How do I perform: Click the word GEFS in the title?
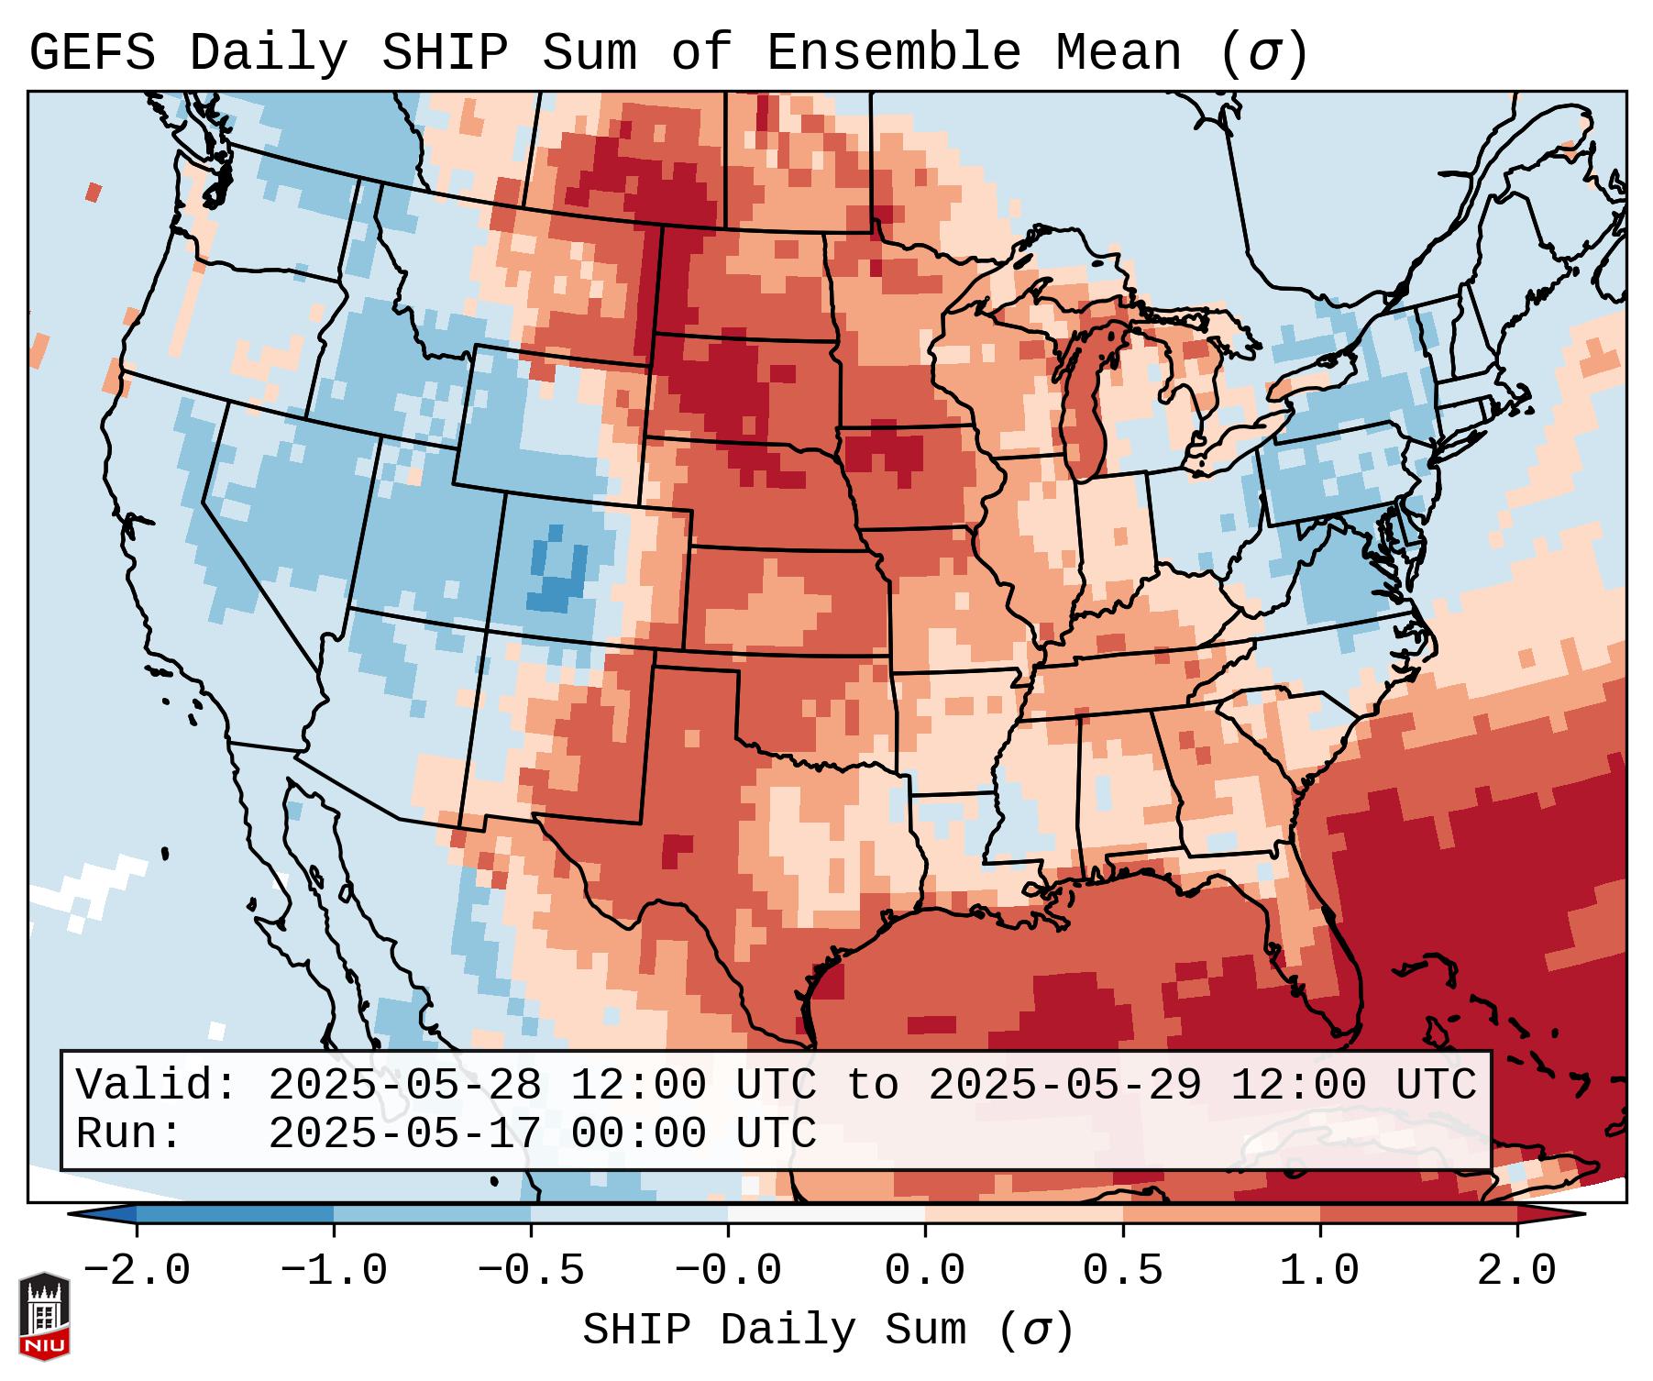[92, 52]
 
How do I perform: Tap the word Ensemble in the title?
[893, 52]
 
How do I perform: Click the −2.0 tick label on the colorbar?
[137, 1271]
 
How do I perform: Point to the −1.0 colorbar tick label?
[334, 1271]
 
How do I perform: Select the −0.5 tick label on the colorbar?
[531, 1271]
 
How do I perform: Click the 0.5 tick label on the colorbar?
[1122, 1271]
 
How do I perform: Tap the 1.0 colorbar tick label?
[1319, 1271]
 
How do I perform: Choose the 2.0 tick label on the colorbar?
[1516, 1271]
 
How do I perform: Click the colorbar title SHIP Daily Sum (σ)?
[827, 1330]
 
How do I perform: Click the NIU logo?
[44, 1316]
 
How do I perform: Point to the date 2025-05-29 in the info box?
[1064, 1085]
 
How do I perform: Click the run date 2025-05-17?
[404, 1133]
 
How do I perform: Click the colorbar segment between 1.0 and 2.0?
[1417, 1214]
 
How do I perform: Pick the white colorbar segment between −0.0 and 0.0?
[826, 1214]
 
